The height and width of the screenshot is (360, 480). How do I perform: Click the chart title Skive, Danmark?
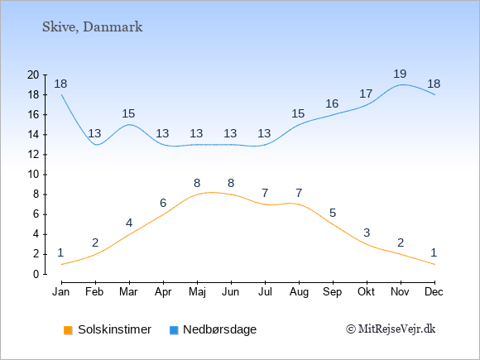click(92, 27)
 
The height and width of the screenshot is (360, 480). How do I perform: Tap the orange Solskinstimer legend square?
click(68, 330)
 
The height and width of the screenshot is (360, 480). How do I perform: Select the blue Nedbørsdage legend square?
click(174, 330)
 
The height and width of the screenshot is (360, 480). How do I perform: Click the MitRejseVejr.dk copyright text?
click(391, 329)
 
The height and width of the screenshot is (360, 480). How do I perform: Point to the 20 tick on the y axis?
click(33, 74)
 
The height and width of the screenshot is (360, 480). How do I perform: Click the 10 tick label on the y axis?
click(33, 175)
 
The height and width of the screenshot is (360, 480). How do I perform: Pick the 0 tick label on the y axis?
click(36, 274)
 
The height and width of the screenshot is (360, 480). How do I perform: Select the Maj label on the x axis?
click(197, 292)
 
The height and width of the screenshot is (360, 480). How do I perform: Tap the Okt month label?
click(367, 292)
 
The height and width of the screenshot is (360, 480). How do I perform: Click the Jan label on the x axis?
click(61, 292)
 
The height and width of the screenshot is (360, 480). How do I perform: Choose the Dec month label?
click(434, 292)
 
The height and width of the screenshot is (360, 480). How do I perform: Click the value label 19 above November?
click(400, 74)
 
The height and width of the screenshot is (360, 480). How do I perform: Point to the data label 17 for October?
click(366, 94)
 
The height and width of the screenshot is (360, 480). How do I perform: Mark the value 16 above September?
click(332, 103)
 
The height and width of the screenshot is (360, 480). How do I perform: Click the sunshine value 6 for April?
click(163, 203)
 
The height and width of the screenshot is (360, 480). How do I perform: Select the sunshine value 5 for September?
click(333, 213)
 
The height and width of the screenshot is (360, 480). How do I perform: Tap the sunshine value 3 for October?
click(367, 233)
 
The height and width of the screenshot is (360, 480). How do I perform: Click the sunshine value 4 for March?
click(129, 223)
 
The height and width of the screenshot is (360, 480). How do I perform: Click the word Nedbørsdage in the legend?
click(220, 329)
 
